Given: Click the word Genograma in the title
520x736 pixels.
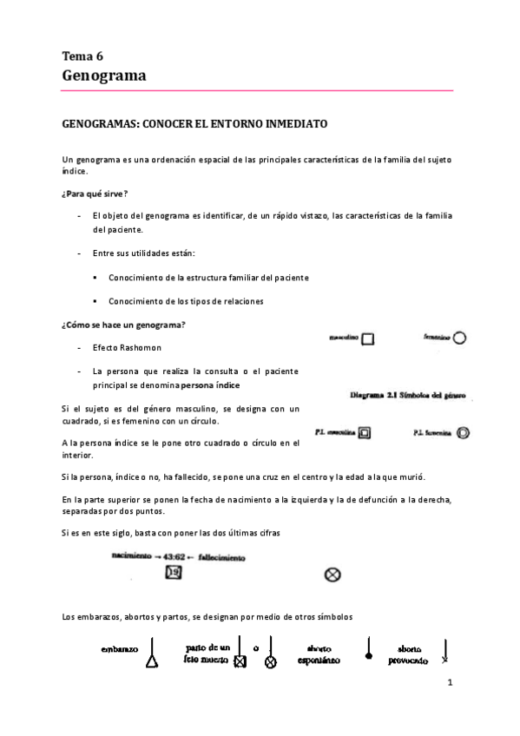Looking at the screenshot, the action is pyautogui.click(x=104, y=76).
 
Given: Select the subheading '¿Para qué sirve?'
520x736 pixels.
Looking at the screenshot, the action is pyautogui.click(x=95, y=192).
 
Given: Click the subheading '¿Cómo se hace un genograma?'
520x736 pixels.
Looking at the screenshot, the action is pyautogui.click(x=123, y=325).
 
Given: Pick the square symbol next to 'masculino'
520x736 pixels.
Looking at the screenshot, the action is pyautogui.click(x=368, y=339).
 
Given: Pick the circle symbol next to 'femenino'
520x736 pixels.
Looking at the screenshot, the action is pyautogui.click(x=460, y=338).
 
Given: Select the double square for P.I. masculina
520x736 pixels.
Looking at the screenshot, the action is pyautogui.click(x=365, y=432).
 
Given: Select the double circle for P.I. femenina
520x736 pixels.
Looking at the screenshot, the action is pyautogui.click(x=463, y=432).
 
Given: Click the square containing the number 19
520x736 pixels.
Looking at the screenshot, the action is pyautogui.click(x=174, y=571).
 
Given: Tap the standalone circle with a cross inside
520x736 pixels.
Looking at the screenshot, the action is pyautogui.click(x=332, y=573).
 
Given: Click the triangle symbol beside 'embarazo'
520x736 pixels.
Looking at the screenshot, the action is pyautogui.click(x=152, y=662).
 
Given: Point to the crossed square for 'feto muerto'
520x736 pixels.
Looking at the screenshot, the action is pyautogui.click(x=240, y=662).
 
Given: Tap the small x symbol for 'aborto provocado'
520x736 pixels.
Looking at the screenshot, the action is pyautogui.click(x=444, y=660).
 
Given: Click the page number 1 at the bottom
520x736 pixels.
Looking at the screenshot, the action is pyautogui.click(x=451, y=684).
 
